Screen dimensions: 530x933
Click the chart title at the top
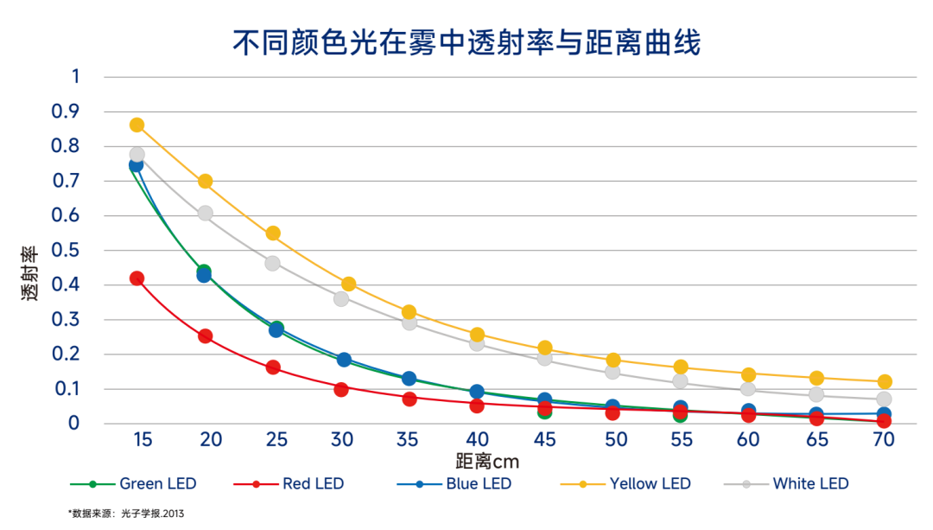point(466,42)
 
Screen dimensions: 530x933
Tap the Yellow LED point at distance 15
point(136,125)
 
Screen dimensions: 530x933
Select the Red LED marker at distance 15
point(136,278)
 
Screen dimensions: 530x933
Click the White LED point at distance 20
point(205,214)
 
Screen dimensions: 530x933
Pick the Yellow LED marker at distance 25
point(273,233)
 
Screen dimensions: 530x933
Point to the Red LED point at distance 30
point(341,389)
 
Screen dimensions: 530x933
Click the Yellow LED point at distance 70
point(884,381)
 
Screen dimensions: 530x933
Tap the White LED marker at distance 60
point(748,389)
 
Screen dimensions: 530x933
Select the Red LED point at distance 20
point(205,336)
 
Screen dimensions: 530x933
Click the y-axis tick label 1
point(74,77)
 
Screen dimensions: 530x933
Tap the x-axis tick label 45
point(544,440)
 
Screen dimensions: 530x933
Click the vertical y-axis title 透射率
point(29,273)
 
